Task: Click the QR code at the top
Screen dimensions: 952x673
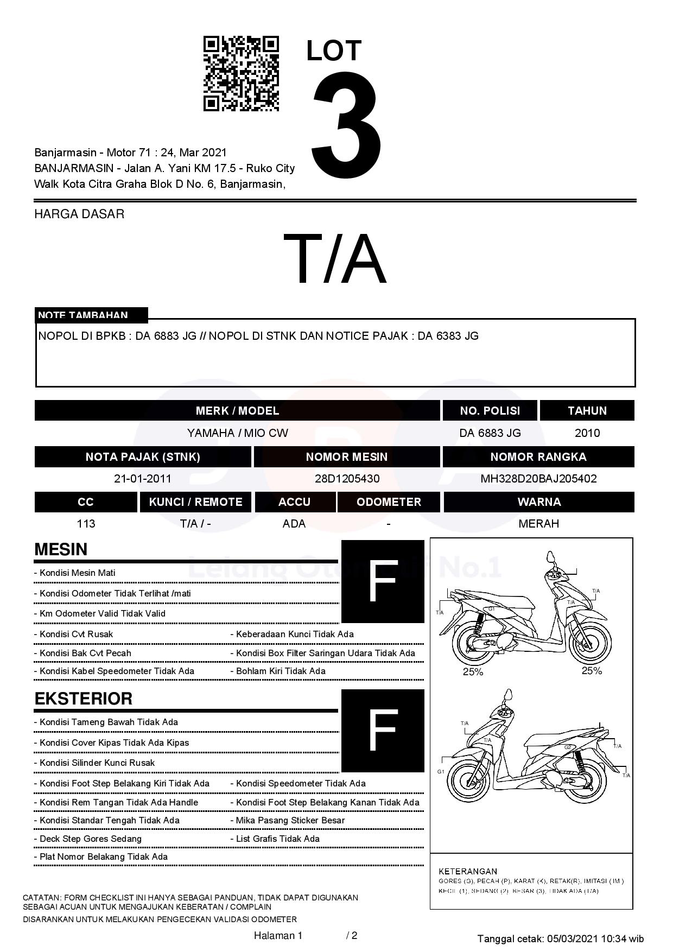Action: [241, 74]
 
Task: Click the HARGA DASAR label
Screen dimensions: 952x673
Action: [79, 214]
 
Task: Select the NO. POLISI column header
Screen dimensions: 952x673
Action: [490, 411]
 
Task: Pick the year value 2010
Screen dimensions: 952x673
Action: [587, 433]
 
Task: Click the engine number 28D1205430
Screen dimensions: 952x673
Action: [347, 479]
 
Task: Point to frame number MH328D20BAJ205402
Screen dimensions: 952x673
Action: [538, 479]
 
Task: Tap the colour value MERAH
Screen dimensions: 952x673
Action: [538, 524]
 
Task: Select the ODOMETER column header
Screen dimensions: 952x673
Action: [389, 502]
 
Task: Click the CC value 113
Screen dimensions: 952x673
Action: [86, 524]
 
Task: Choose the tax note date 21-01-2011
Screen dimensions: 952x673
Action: [143, 479]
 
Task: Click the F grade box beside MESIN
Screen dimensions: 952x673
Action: [383, 581]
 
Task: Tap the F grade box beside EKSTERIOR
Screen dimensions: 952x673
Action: [383, 731]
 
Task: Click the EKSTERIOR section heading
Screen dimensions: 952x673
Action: [83, 699]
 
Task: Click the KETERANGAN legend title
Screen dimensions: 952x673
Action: [468, 871]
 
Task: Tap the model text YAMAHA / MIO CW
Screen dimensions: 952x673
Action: [237, 433]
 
